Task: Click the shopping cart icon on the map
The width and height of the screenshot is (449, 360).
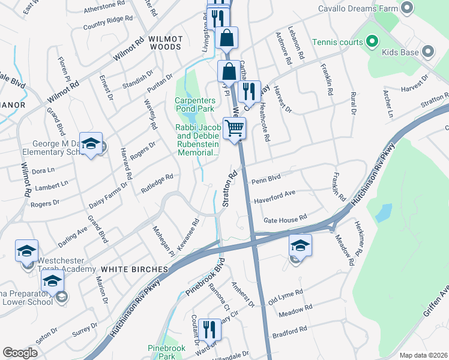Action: (x=234, y=127)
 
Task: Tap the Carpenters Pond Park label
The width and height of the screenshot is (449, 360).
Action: (x=194, y=104)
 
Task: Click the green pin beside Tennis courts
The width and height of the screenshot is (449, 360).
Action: (x=372, y=43)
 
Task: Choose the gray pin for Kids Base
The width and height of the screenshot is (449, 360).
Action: (x=428, y=52)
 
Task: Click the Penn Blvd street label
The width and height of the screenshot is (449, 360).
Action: (x=266, y=179)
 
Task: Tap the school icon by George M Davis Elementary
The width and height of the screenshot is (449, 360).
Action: (x=91, y=144)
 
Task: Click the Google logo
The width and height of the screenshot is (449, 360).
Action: (x=20, y=353)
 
